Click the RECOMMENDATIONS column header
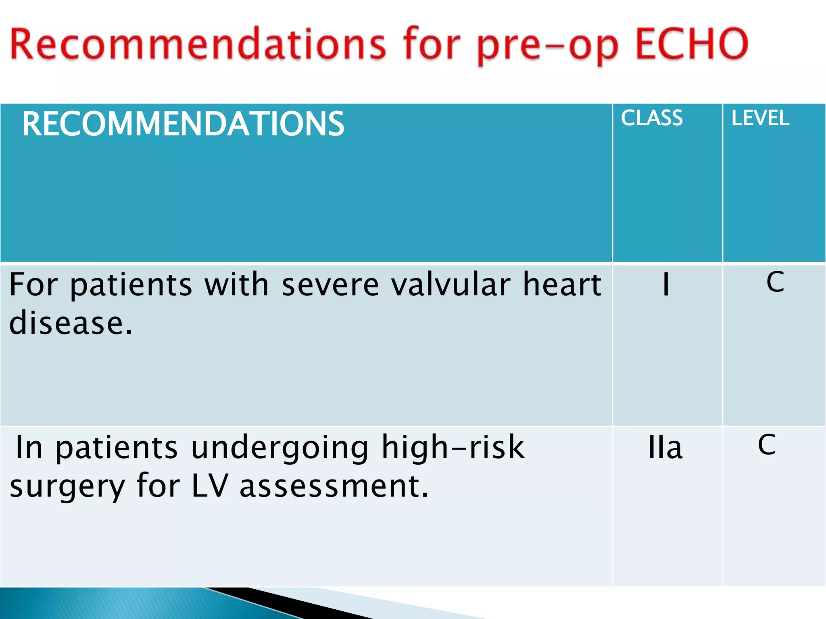point(183,124)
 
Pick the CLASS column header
point(651,118)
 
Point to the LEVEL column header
point(760,118)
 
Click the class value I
point(666,285)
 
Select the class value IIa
point(665,447)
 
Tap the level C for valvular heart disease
point(775,282)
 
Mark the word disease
point(71,323)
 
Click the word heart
point(562,285)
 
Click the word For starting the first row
point(33,285)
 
